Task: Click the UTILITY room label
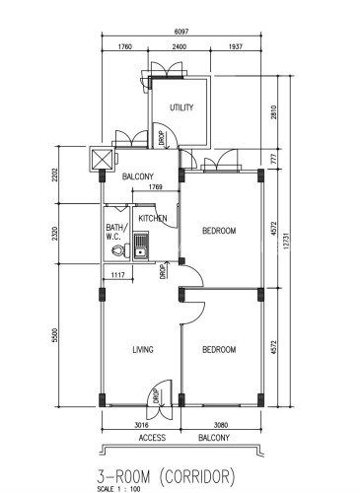pyautogui.click(x=181, y=107)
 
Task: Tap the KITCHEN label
pyautogui.click(x=153, y=218)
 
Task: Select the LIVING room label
pyautogui.click(x=143, y=349)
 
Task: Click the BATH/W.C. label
pyautogui.click(x=116, y=232)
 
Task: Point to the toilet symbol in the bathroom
pyautogui.click(x=120, y=251)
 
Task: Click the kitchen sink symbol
pyautogui.click(x=141, y=246)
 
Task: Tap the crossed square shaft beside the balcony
pyautogui.click(x=102, y=159)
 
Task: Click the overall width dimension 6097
pyautogui.click(x=181, y=32)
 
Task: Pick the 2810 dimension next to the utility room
pyautogui.click(x=274, y=111)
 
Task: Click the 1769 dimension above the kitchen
pyautogui.click(x=155, y=186)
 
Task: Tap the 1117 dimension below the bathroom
pyautogui.click(x=117, y=275)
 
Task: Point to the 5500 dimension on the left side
pyautogui.click(x=54, y=335)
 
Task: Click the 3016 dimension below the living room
pyautogui.click(x=142, y=425)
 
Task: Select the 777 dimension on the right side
pyautogui.click(x=274, y=159)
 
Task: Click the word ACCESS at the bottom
pyautogui.click(x=152, y=438)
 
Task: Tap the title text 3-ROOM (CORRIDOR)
pyautogui.click(x=166, y=476)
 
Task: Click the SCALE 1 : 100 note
pyautogui.click(x=118, y=489)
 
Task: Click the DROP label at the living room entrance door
pyautogui.click(x=157, y=396)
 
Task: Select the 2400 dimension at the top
pyautogui.click(x=180, y=46)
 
